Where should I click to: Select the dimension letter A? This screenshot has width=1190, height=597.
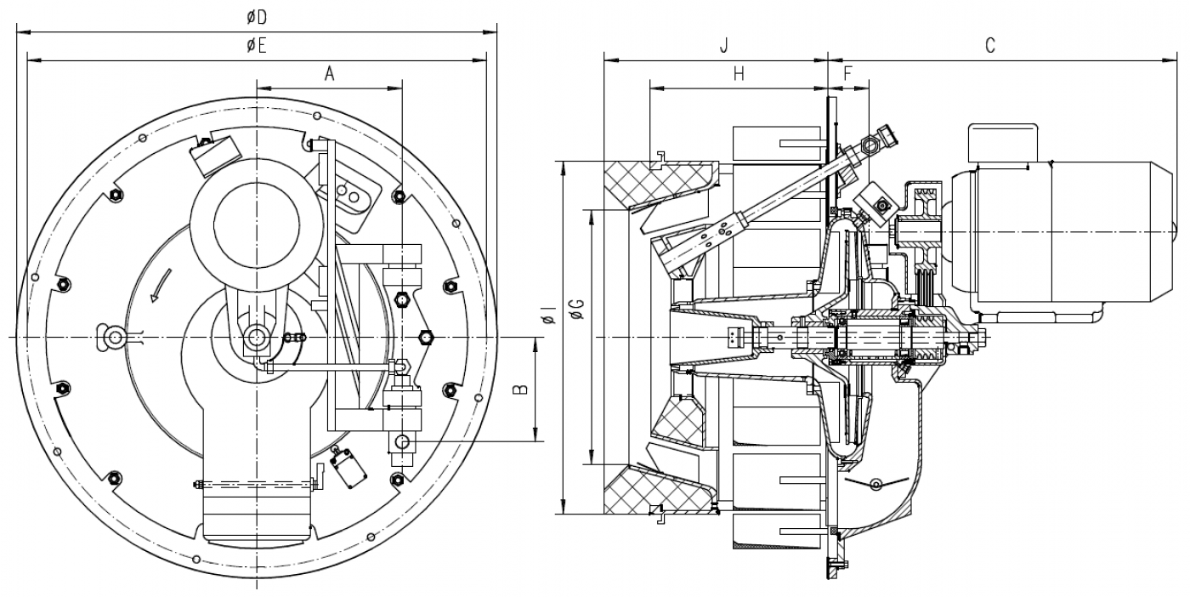tap(330, 74)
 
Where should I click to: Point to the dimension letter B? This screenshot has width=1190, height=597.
tap(520, 389)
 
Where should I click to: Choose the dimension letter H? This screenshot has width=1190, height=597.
tap(739, 74)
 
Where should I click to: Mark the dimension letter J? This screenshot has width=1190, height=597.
tap(723, 46)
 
